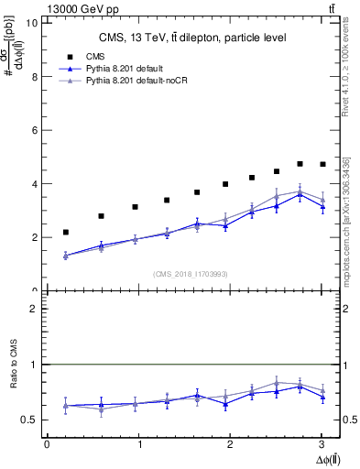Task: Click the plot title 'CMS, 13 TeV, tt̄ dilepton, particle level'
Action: click(x=192, y=38)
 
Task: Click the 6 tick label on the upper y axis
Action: click(x=34, y=130)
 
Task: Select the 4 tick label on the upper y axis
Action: click(x=34, y=184)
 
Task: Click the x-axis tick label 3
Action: click(x=322, y=444)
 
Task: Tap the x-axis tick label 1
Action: click(x=138, y=444)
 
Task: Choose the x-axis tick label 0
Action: click(x=47, y=444)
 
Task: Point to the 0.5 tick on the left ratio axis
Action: click(x=31, y=420)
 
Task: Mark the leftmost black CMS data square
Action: click(x=65, y=233)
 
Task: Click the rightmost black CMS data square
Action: click(x=322, y=164)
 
